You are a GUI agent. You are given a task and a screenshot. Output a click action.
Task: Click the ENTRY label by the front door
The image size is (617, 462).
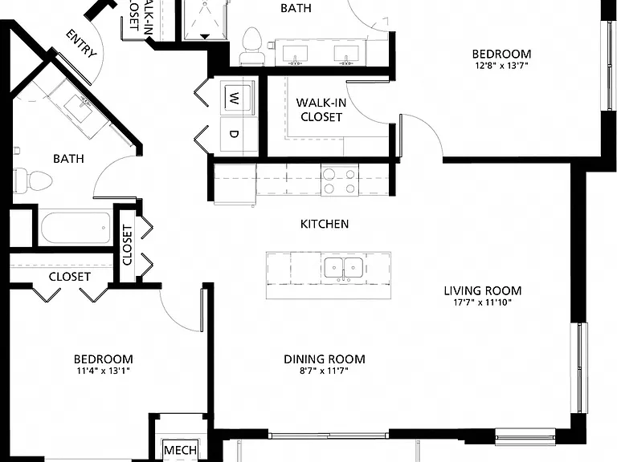point(81,43)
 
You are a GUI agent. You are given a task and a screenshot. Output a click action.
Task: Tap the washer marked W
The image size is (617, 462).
point(235,98)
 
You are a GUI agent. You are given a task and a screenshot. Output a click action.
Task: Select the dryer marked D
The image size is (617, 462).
point(235,135)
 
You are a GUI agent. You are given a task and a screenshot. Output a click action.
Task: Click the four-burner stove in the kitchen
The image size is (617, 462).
point(340,180)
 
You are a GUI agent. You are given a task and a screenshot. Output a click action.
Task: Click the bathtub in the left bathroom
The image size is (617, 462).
point(76,228)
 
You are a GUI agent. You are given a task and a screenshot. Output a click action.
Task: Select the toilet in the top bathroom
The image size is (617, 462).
point(252,46)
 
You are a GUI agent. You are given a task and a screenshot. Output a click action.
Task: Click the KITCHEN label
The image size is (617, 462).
point(325,224)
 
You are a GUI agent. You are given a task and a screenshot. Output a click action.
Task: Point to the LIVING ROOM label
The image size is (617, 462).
point(483,290)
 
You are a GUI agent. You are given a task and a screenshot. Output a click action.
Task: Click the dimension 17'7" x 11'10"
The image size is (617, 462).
point(482,302)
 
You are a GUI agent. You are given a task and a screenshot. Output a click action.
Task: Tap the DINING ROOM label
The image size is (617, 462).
point(325,359)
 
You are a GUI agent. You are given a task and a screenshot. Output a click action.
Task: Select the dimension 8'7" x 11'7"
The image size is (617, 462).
point(325,371)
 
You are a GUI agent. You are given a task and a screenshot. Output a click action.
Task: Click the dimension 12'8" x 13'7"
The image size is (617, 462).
point(501,65)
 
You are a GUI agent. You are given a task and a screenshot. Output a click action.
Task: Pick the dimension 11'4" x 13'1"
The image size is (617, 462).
point(104,371)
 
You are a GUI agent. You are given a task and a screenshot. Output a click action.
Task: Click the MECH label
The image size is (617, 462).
point(180,450)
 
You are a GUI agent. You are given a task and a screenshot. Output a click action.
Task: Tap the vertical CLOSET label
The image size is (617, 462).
point(128,245)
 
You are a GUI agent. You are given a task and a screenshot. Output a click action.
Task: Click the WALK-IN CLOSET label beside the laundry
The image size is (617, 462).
point(321,110)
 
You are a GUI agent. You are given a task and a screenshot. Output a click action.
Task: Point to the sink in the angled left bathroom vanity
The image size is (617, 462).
point(79,106)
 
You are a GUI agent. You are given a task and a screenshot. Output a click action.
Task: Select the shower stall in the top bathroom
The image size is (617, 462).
point(206,19)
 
